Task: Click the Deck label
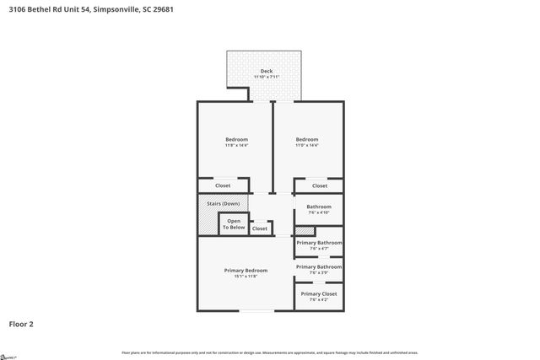(266, 71)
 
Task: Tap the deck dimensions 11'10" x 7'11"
(266, 77)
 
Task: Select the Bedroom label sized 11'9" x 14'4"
(236, 139)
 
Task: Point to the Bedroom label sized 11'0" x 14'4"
(306, 139)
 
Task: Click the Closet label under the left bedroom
(223, 185)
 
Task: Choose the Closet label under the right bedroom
(319, 185)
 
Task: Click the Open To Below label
(234, 224)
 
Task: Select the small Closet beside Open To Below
(260, 228)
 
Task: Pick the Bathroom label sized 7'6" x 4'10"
(319, 207)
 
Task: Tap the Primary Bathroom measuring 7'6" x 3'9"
(319, 267)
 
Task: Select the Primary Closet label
(319, 293)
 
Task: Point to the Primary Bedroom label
(246, 270)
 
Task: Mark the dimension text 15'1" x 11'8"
(246, 276)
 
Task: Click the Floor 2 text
(22, 323)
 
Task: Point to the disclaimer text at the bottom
(270, 352)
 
